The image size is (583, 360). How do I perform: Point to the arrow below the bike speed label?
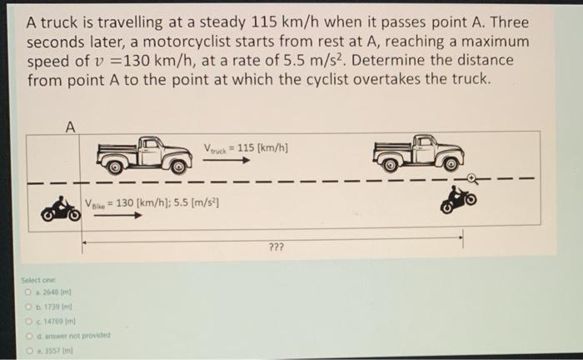click(x=116, y=216)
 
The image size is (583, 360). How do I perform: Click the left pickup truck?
click(x=144, y=154)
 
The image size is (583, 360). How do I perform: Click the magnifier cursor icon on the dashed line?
click(x=472, y=177)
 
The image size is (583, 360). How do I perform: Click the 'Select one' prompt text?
click(x=37, y=281)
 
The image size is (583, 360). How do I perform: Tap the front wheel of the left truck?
click(x=177, y=166)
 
